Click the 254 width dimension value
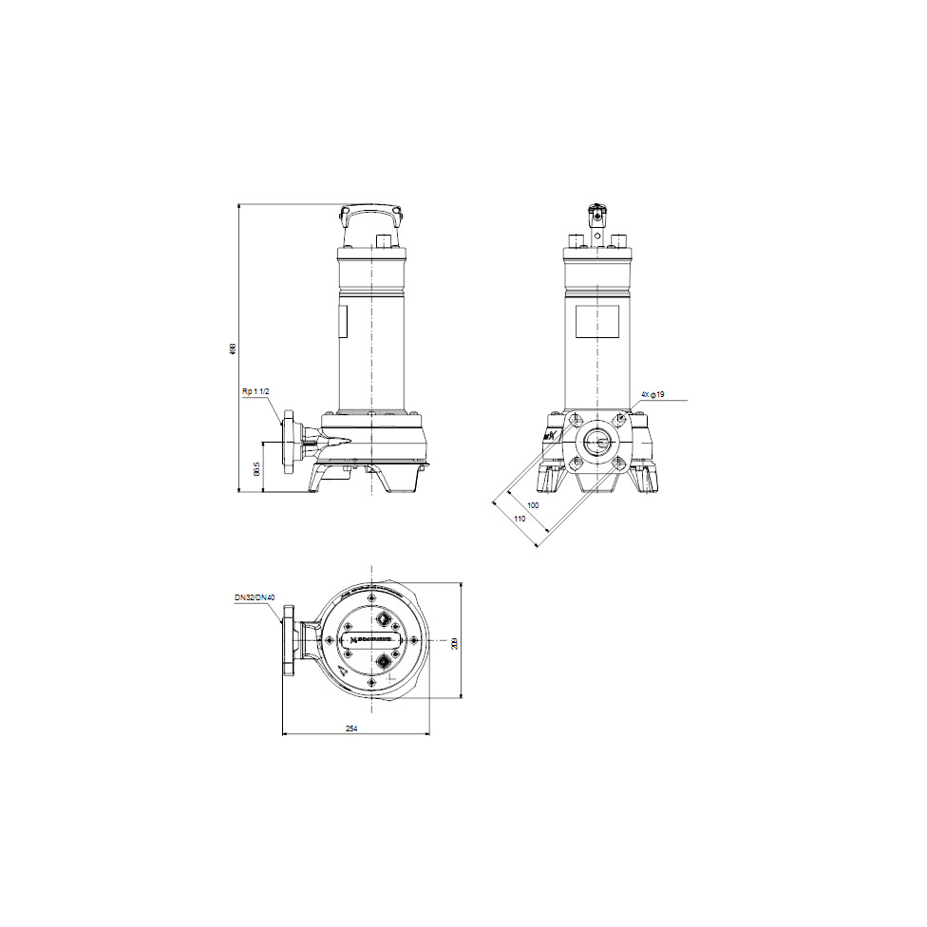pos(351,728)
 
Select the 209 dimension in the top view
pos(455,643)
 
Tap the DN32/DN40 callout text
pos(255,598)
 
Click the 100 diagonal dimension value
pos(533,505)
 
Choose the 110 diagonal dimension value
pos(520,520)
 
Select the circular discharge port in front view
pos(597,442)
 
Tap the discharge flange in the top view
pos(289,643)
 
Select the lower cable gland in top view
pos(385,661)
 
